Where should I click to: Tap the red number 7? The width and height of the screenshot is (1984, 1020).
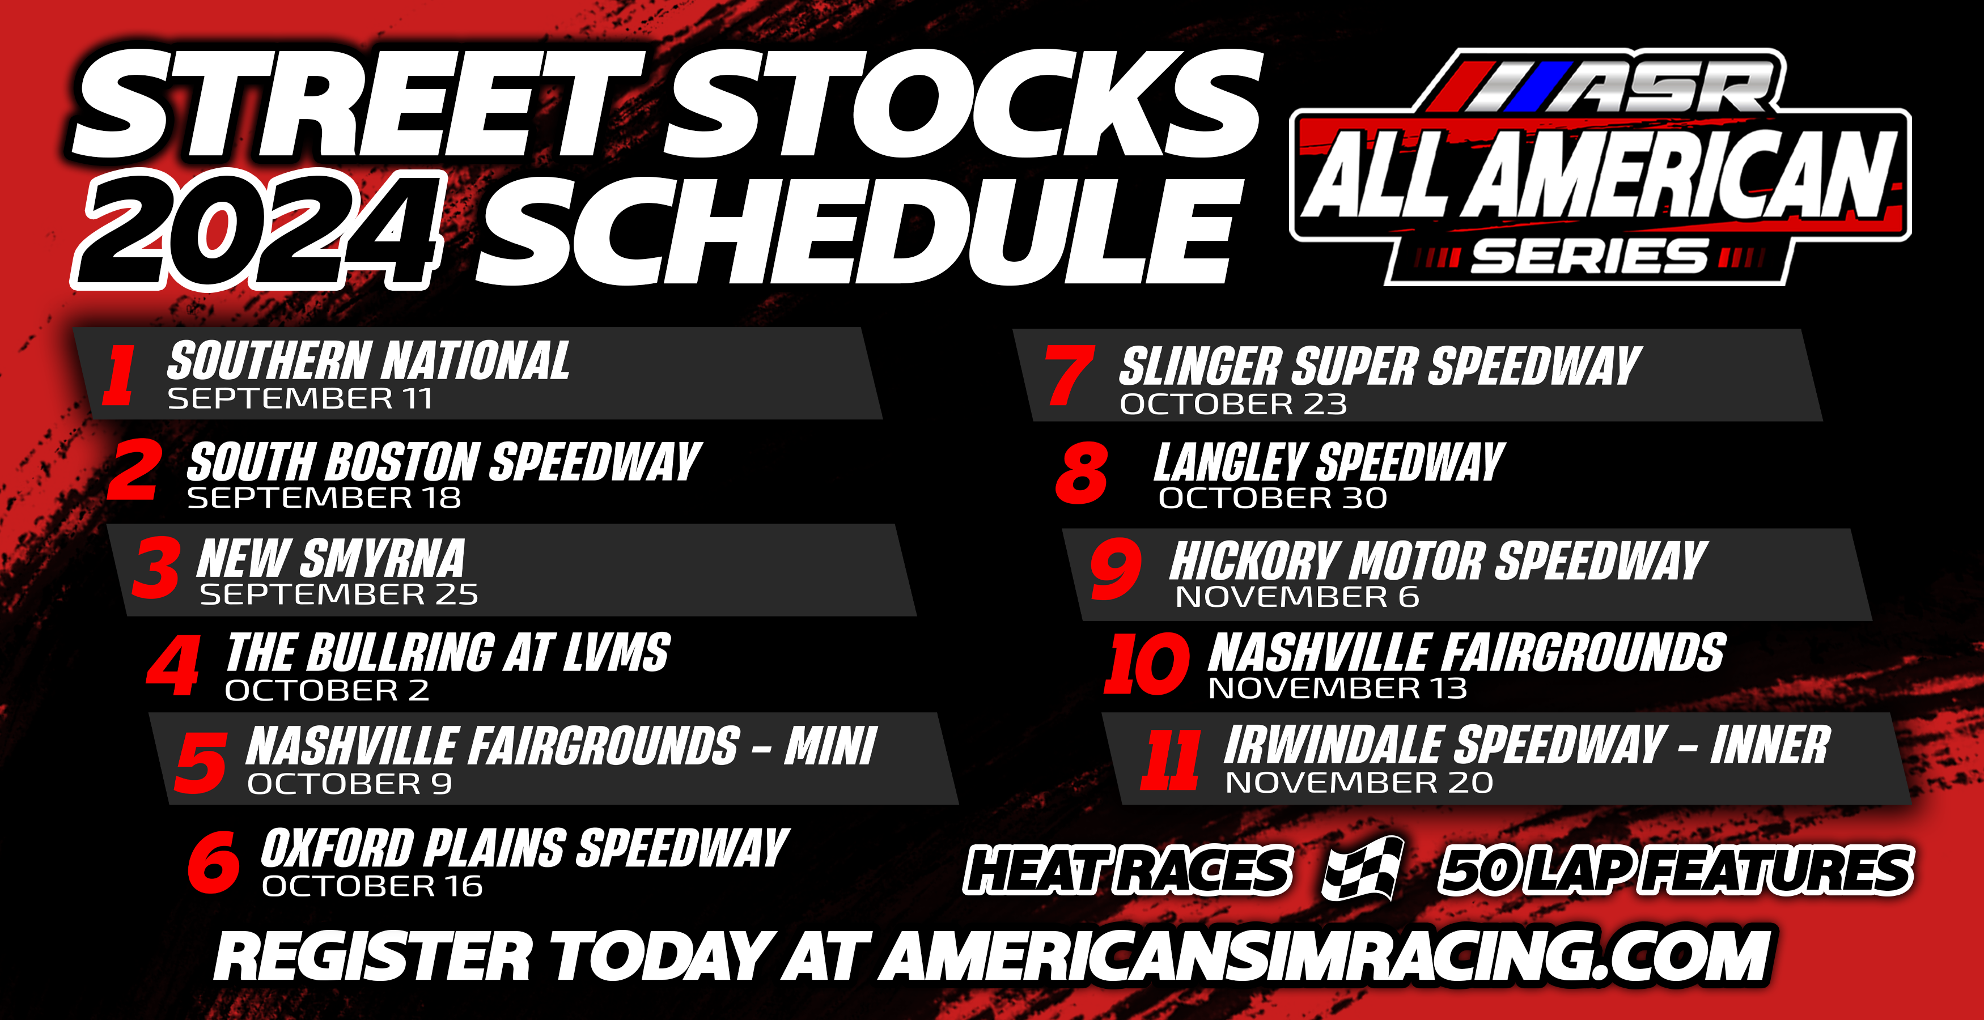point(1069,375)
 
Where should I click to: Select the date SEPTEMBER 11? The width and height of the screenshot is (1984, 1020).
point(300,399)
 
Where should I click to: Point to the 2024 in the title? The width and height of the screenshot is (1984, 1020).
point(258,231)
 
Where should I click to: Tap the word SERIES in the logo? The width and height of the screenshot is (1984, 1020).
point(1589,256)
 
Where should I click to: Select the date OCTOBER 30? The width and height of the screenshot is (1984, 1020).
point(1273,498)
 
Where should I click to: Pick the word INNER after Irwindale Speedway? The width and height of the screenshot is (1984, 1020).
point(1770,745)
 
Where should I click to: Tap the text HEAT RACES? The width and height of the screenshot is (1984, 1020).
point(1127,870)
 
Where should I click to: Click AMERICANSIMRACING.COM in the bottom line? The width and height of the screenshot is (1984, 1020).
point(1325,956)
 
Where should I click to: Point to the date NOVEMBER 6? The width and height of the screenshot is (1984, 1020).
point(1297,597)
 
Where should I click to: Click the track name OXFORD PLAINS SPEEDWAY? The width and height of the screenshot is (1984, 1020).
point(525,848)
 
